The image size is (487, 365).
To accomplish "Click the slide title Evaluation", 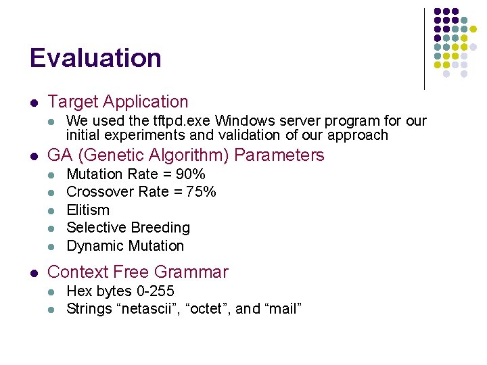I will pos(95,58).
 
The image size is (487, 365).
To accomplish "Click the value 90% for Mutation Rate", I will pos(190,174).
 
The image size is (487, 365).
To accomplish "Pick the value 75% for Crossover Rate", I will pos(202,192).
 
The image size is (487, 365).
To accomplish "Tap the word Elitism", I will pos(88,210).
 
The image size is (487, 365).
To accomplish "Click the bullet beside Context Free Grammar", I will pos(33,273).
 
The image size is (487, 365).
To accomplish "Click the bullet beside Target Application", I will pos(33,103).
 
